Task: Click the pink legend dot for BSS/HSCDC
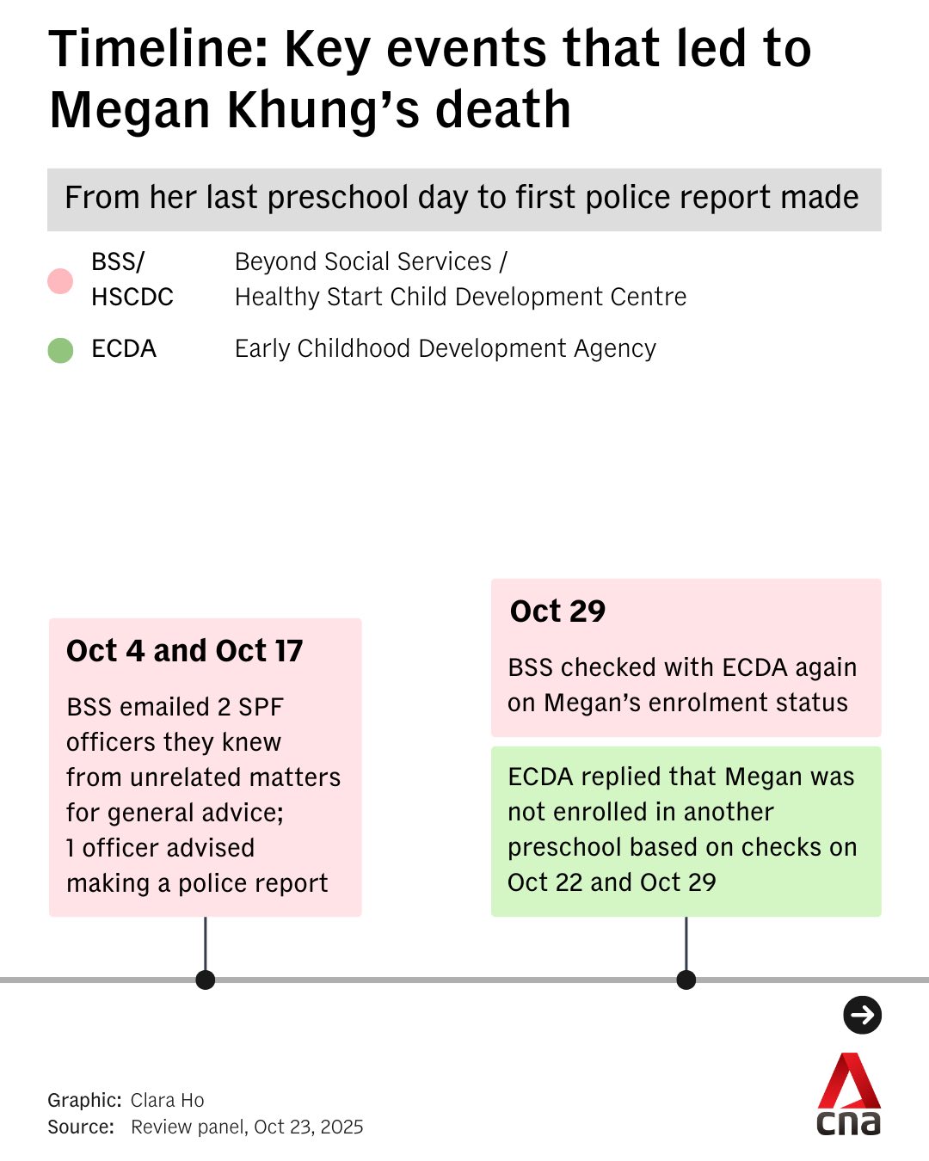coord(60,281)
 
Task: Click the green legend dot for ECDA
coord(60,350)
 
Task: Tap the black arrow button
coord(862,1015)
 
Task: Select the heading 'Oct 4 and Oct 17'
coord(185,651)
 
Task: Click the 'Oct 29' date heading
coord(557,611)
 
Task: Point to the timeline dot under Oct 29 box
coord(686,980)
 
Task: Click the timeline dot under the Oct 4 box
coord(205,980)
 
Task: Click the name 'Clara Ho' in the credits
coord(168,1100)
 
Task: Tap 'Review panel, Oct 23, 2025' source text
coord(247,1127)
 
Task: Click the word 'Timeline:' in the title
coord(158,49)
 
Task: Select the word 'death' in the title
coord(502,109)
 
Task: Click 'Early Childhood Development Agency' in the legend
coord(446,348)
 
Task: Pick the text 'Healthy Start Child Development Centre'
coord(460,297)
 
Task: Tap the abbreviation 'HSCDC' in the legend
coord(132,297)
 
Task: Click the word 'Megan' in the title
coord(130,111)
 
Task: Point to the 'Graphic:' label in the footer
coord(85,1100)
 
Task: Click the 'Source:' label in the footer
coord(81,1127)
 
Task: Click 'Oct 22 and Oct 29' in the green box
coord(612,882)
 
